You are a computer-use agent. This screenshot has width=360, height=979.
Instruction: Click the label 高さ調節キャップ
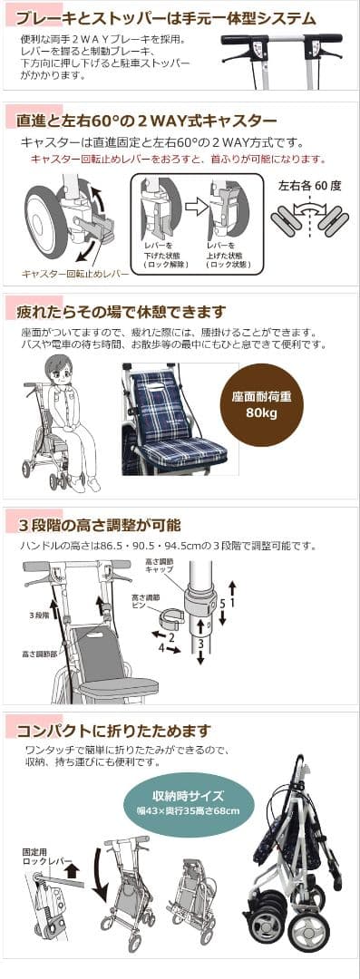pyautogui.click(x=161, y=567)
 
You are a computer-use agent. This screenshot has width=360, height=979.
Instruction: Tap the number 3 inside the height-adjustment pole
pyautogui.click(x=200, y=645)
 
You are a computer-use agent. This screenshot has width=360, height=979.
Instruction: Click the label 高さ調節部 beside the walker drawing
pyautogui.click(x=37, y=653)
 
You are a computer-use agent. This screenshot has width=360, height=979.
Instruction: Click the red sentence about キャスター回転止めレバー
pyautogui.click(x=178, y=159)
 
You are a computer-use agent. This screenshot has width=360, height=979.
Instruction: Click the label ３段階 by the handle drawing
pyautogui.click(x=39, y=615)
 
